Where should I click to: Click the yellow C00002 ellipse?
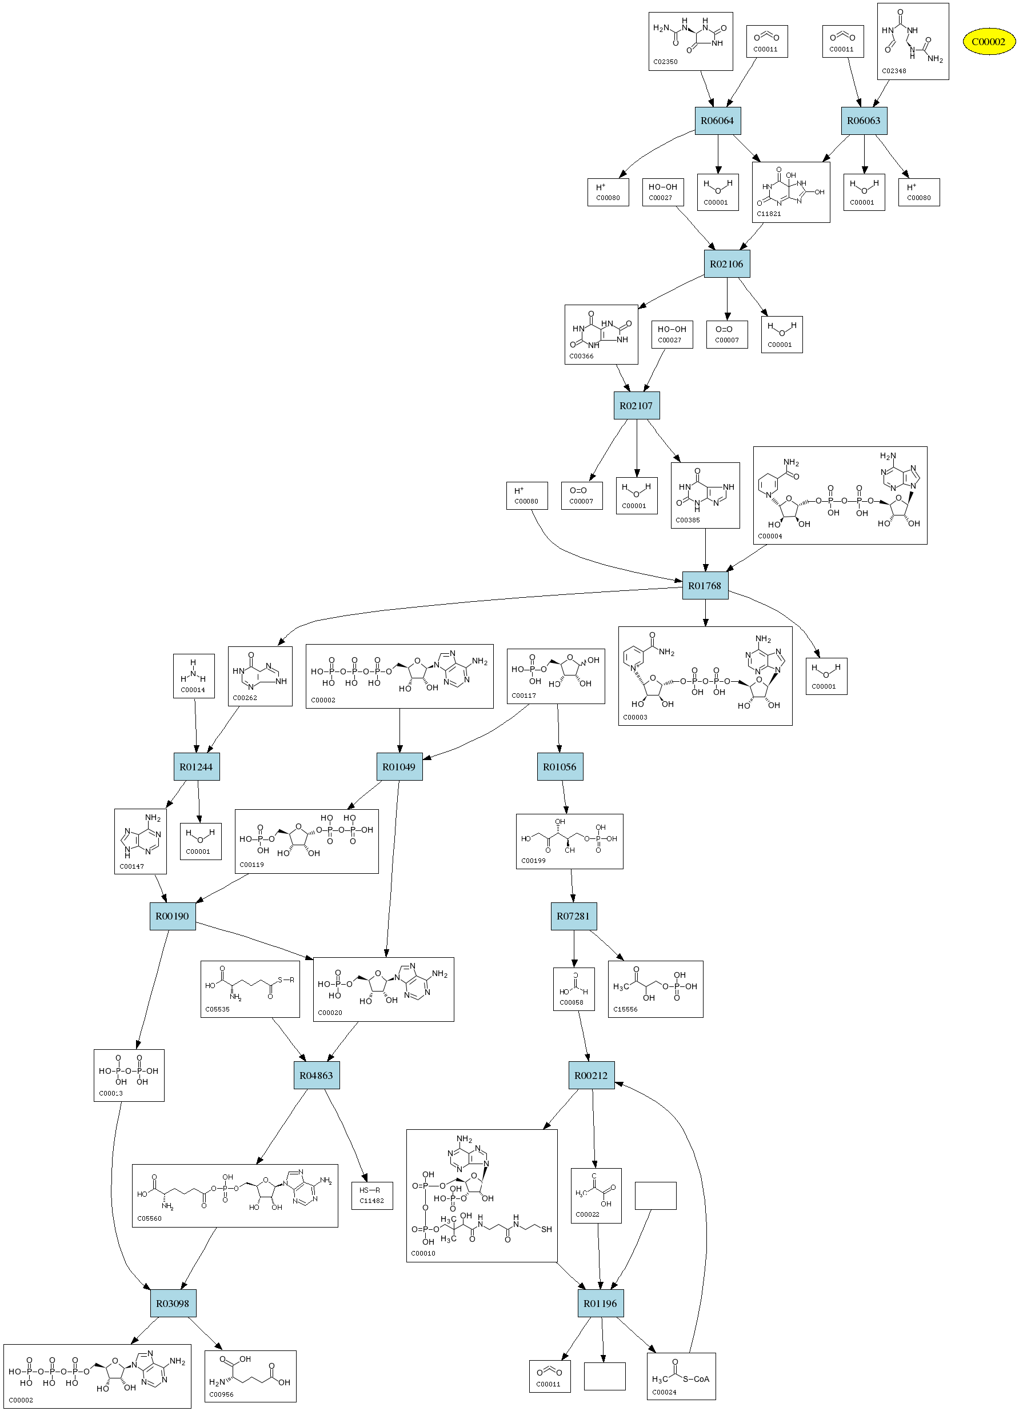click(x=989, y=42)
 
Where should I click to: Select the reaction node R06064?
click(x=717, y=121)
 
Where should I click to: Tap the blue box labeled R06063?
click(x=864, y=121)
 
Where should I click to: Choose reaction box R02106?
click(x=726, y=264)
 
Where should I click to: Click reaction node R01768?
click(x=705, y=585)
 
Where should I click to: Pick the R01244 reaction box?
click(x=196, y=766)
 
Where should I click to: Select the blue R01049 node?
click(x=399, y=766)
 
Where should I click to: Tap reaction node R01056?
click(x=560, y=766)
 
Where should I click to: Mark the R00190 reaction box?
click(x=173, y=916)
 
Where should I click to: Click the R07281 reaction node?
click(x=573, y=916)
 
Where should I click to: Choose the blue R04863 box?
click(x=316, y=1075)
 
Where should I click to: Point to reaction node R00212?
click(x=591, y=1075)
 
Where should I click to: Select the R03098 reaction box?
click(x=173, y=1303)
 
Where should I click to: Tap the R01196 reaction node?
click(x=600, y=1303)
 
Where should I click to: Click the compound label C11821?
click(x=769, y=214)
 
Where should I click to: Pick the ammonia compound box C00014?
click(x=194, y=675)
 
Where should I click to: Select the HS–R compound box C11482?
click(x=372, y=1195)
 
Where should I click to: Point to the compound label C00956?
click(x=222, y=1394)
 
